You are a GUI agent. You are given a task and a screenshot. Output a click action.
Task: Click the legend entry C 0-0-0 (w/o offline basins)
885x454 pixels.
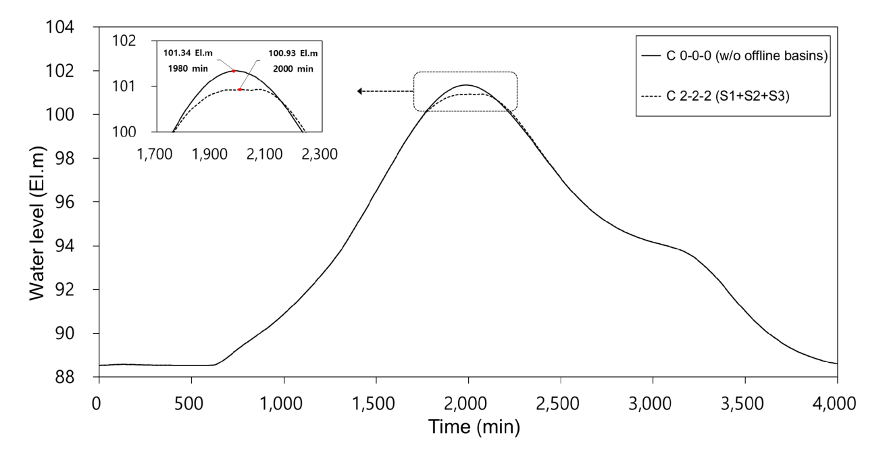point(734,55)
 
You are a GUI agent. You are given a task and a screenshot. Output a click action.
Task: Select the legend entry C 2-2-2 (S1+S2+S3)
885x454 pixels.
point(715,96)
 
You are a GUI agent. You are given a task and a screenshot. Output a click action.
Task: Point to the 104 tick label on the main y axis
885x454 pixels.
point(59,27)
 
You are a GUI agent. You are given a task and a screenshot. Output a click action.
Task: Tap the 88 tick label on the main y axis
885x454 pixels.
point(64,378)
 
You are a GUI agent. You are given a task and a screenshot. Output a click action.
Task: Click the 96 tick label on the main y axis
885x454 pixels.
point(64,202)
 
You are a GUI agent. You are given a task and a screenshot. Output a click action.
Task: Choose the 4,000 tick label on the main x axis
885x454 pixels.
point(834,403)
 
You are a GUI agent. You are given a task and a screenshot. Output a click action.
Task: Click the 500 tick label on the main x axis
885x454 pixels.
point(189,403)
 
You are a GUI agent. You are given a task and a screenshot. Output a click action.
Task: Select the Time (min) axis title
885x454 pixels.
point(474,427)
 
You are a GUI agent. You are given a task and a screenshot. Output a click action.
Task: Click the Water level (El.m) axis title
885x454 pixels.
point(38,223)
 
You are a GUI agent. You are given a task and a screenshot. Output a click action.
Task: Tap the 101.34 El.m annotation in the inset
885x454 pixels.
point(188,53)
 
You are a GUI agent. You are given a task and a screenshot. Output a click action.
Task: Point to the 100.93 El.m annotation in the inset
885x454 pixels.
point(293,53)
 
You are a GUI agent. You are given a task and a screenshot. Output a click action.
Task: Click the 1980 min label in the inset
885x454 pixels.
point(188,69)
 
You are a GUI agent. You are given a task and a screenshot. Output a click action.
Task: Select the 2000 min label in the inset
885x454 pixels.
point(293,69)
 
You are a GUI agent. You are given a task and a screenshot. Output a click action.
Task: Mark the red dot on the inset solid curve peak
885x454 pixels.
point(234,71)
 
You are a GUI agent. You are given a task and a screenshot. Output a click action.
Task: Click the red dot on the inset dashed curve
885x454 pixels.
point(240,90)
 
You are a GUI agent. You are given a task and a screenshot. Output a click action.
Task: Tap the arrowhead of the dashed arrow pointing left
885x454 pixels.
point(359,91)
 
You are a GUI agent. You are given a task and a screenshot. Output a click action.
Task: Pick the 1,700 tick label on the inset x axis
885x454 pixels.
point(155,154)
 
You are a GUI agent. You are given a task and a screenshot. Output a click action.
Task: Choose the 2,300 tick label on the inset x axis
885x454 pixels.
point(320,154)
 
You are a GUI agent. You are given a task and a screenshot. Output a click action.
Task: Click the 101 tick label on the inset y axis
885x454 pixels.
point(124,86)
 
